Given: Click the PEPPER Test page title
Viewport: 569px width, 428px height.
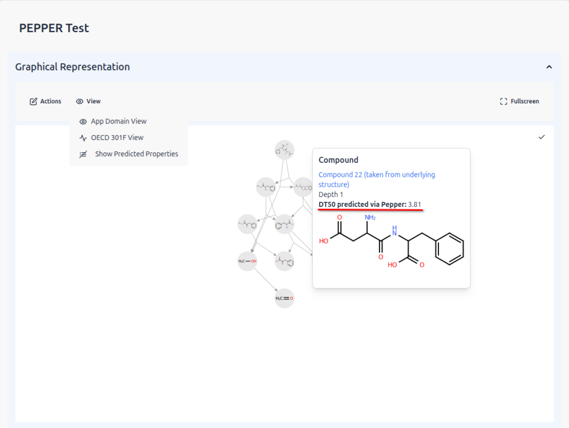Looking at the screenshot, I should [54, 28].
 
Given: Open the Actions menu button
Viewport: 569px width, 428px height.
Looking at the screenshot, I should [46, 101].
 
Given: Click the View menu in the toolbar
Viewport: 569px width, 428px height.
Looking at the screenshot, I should [88, 101].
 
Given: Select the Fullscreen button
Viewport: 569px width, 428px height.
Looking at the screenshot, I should [520, 101].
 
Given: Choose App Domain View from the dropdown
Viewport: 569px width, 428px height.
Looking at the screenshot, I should [118, 121].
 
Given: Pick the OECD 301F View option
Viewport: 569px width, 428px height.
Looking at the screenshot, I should [117, 137].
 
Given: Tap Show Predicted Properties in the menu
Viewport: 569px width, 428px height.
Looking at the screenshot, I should [136, 154].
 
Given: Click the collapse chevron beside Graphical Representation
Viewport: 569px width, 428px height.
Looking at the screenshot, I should [549, 67].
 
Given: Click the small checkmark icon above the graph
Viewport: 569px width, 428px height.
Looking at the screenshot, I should [542, 137].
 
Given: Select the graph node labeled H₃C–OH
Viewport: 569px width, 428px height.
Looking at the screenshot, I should [247, 261].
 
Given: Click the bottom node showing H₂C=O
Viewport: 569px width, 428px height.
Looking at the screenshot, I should [284, 298].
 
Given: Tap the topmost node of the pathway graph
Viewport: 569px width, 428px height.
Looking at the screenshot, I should [284, 150].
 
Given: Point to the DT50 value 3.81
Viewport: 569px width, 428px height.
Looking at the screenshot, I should [415, 205].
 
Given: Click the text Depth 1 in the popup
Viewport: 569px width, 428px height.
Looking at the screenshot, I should [331, 195].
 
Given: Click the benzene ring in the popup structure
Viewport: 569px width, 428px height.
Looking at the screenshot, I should [449, 248].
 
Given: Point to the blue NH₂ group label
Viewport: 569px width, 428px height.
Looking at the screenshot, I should [370, 217].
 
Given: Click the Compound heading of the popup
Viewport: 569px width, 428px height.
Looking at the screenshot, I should [338, 160].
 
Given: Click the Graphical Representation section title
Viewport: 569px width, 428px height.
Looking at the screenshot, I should [72, 67].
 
